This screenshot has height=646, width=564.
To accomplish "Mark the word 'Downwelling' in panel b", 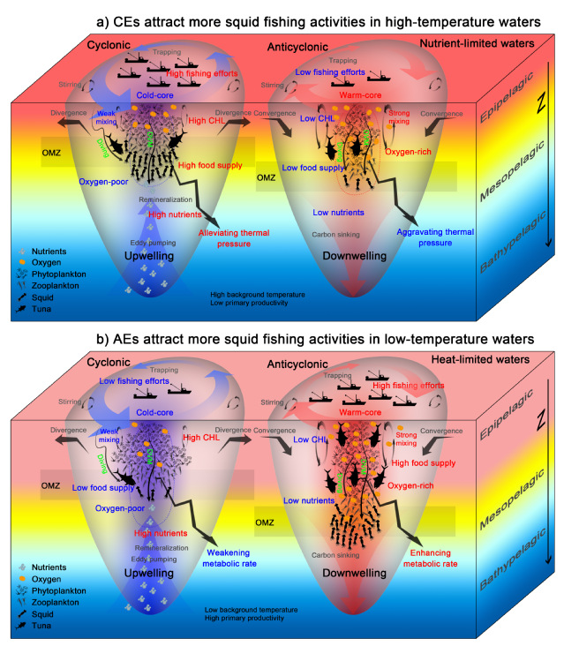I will click(x=354, y=574).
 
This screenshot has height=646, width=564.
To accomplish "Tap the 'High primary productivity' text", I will click(x=244, y=619).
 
